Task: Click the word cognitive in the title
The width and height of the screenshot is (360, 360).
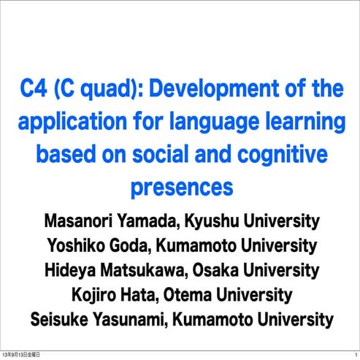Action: pyautogui.click(x=282, y=155)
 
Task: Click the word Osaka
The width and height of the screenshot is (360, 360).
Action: pyautogui.click(x=222, y=271)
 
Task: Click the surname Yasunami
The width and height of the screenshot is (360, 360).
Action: pyautogui.click(x=148, y=320)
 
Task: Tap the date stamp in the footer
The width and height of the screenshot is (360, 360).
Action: pyautogui.click(x=21, y=354)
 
